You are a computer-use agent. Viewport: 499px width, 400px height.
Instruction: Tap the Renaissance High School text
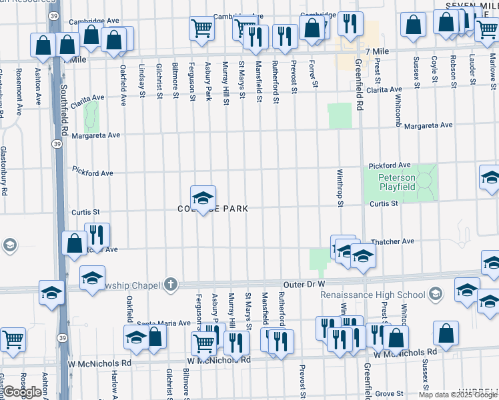click(x=372, y=295)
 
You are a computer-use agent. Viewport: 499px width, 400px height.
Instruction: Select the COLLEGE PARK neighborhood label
click(x=213, y=209)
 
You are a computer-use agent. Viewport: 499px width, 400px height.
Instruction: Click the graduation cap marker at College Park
click(x=203, y=198)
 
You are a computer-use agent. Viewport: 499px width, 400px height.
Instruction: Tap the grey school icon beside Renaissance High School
click(x=435, y=294)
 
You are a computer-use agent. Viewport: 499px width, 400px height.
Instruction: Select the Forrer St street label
click(x=312, y=73)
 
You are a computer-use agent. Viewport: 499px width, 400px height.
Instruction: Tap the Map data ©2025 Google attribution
click(x=457, y=395)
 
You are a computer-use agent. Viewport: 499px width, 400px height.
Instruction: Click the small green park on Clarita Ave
click(x=91, y=119)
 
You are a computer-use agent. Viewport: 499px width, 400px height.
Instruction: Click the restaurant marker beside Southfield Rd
click(x=97, y=235)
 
